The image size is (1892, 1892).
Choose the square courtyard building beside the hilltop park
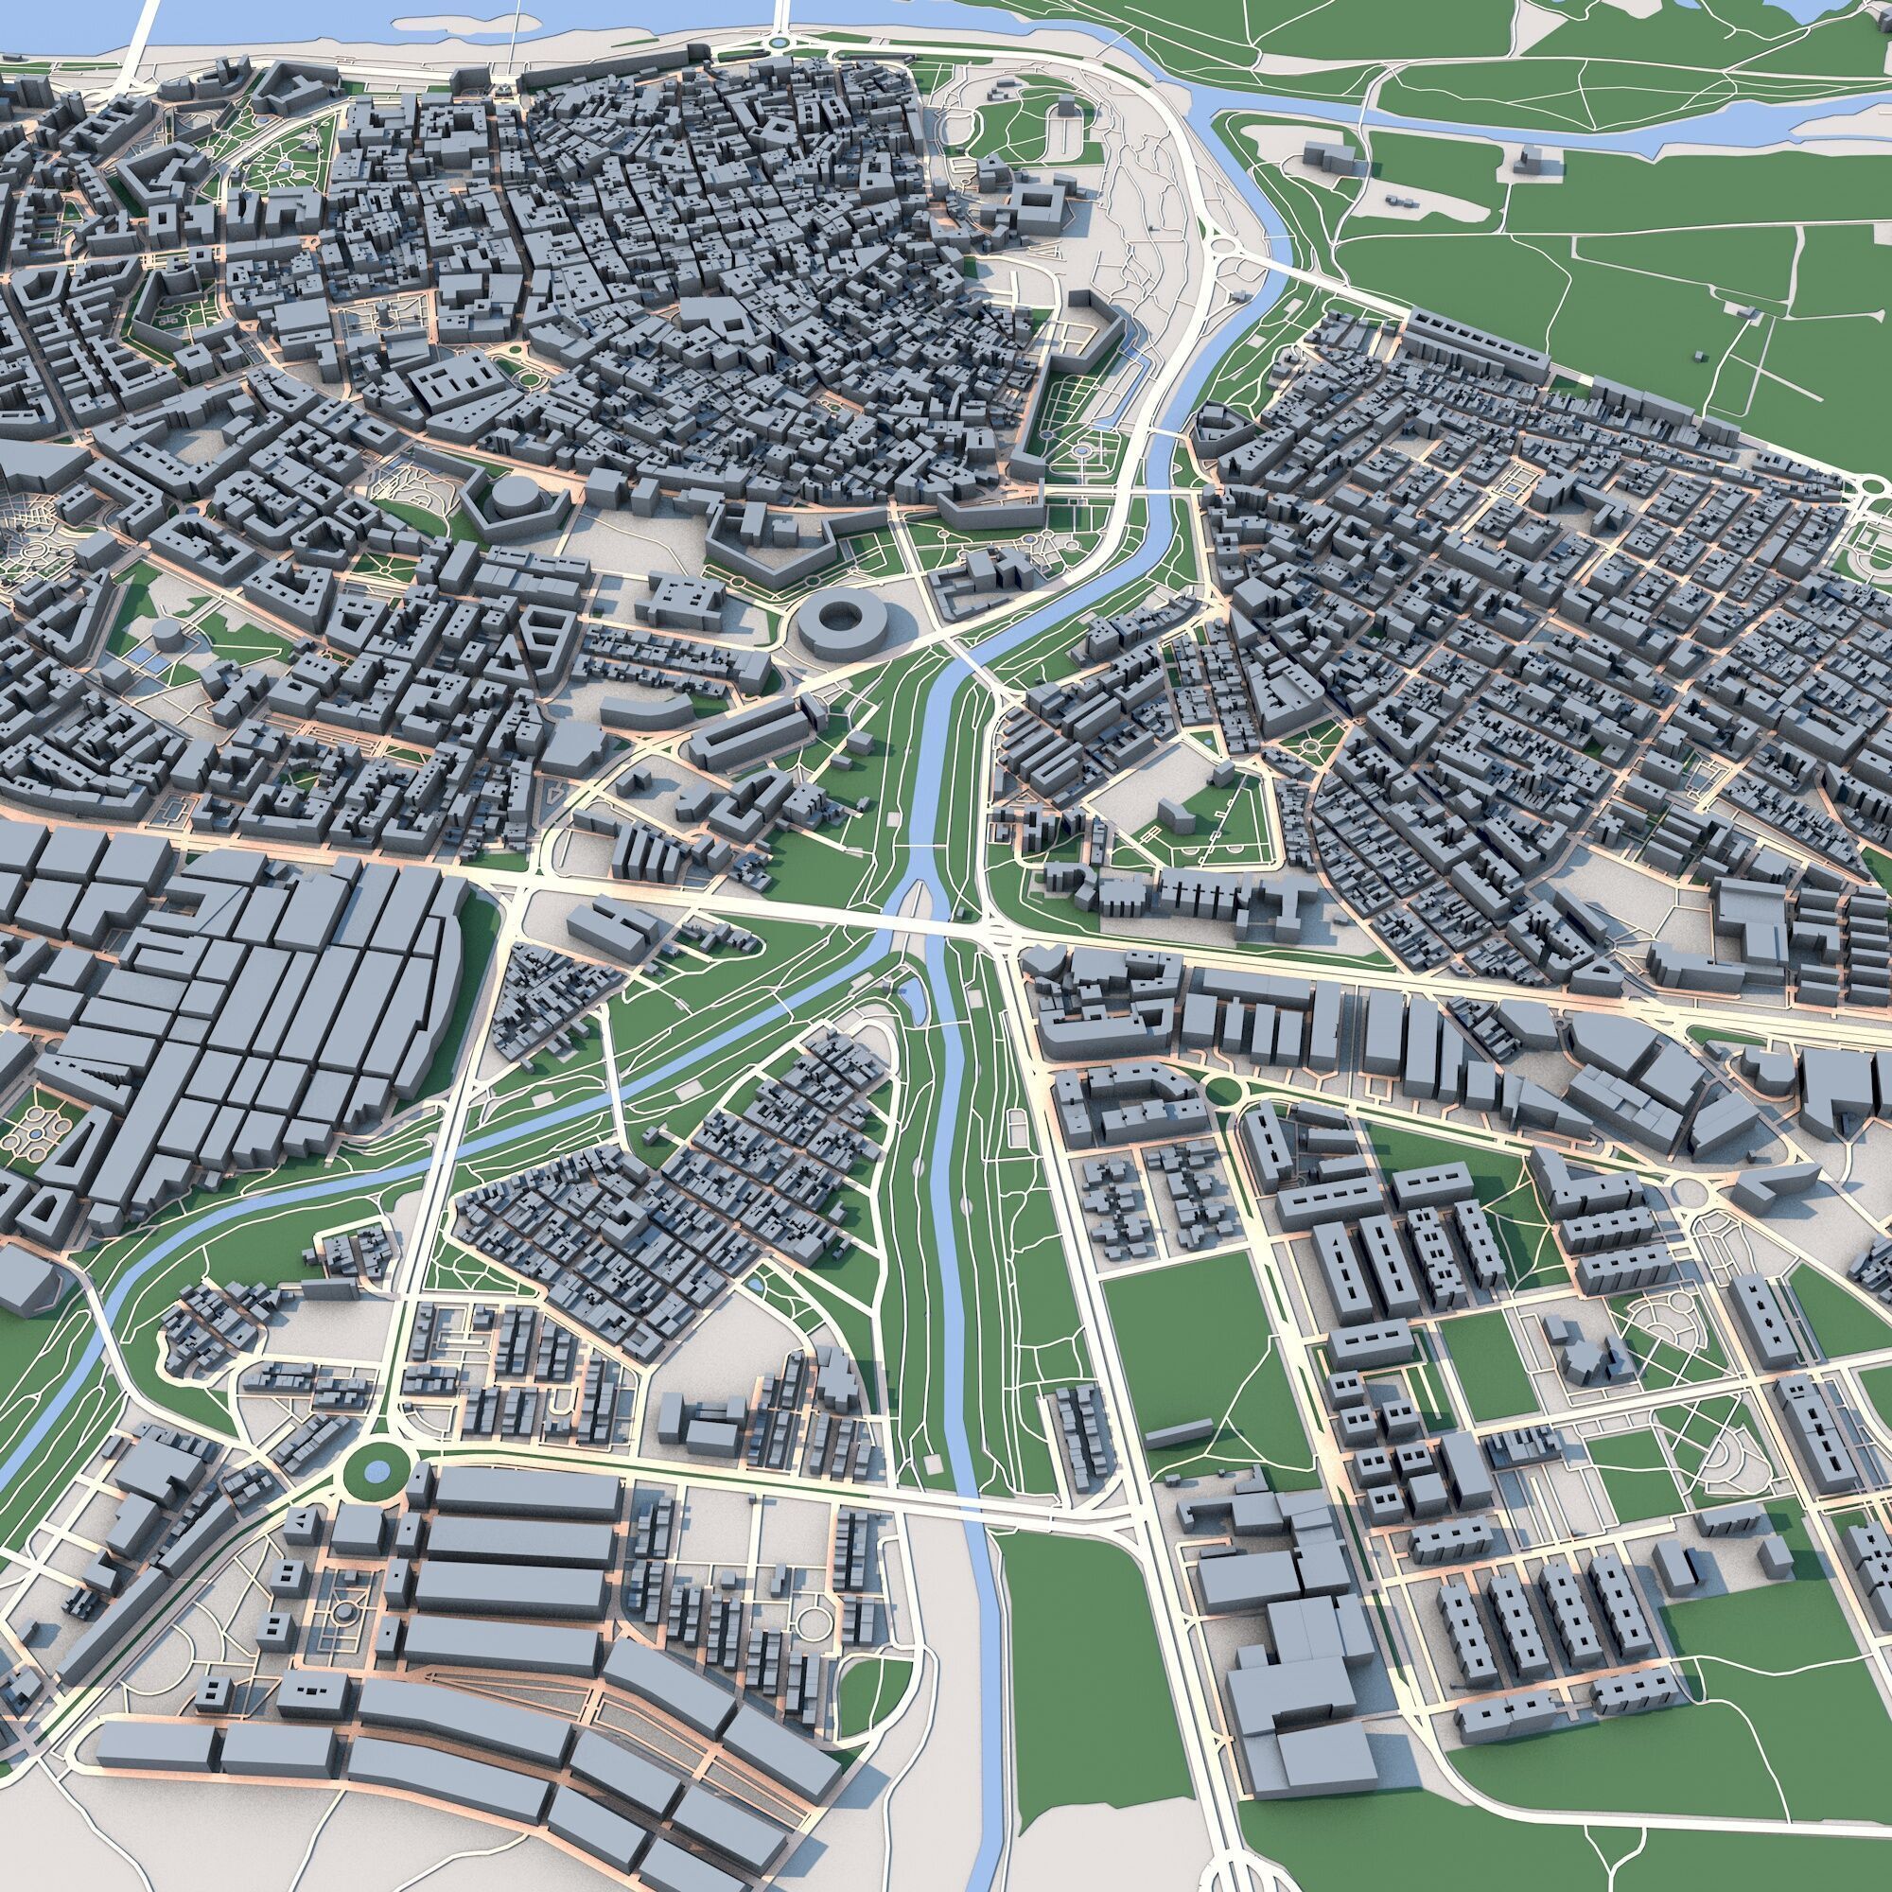pyautogui.click(x=1039, y=203)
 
